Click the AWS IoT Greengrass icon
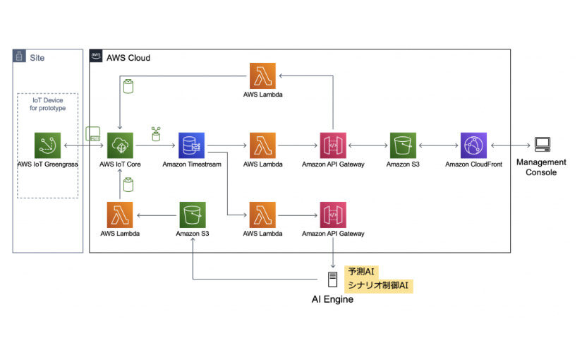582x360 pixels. [48, 145]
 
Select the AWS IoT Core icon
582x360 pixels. [120, 145]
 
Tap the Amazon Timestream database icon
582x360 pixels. [192, 145]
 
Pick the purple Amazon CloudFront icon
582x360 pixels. [473, 145]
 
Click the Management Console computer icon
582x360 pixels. [542, 145]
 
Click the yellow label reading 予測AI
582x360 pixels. [362, 272]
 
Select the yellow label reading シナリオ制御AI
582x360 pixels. [379, 285]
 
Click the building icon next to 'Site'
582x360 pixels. [19, 56]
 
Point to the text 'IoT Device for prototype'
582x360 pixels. [48, 104]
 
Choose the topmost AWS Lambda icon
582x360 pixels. [262, 76]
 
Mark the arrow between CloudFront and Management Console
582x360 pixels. [508, 145]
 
